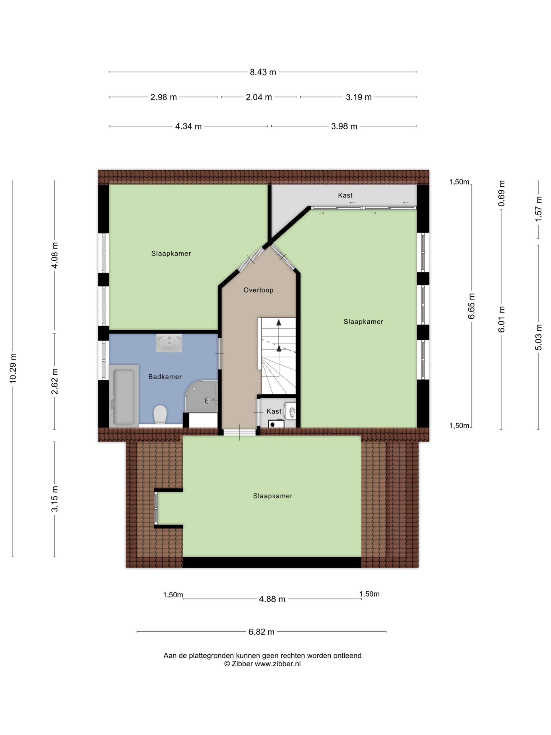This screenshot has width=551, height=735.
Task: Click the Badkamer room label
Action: (165, 377)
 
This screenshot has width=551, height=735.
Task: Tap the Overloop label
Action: (258, 290)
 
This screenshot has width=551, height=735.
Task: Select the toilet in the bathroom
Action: (160, 414)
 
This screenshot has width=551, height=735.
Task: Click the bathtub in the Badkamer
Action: (124, 396)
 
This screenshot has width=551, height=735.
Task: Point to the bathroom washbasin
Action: (169, 343)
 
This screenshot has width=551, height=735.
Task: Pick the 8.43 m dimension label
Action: (263, 72)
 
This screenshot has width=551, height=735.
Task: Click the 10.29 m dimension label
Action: (13, 368)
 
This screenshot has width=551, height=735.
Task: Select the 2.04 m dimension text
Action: (259, 97)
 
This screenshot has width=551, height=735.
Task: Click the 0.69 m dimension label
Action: (502, 194)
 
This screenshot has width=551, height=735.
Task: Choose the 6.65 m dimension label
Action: (471, 306)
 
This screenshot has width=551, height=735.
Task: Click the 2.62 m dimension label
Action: (55, 381)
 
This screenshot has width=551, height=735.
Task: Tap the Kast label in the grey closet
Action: (345, 196)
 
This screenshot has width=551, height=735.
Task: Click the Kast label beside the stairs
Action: (274, 411)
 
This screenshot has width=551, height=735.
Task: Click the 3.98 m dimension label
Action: (344, 127)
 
